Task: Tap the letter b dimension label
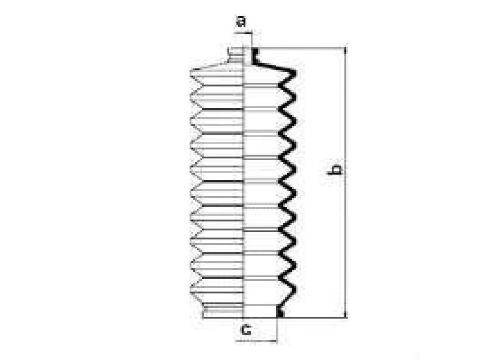334,170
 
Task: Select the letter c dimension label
246,330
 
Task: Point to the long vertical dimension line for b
346,183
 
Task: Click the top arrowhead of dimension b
346,51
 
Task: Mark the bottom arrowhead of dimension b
346,314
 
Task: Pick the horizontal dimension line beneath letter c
256,341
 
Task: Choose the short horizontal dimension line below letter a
242,32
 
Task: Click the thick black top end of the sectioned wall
254,55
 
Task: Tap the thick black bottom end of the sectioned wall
280,311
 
